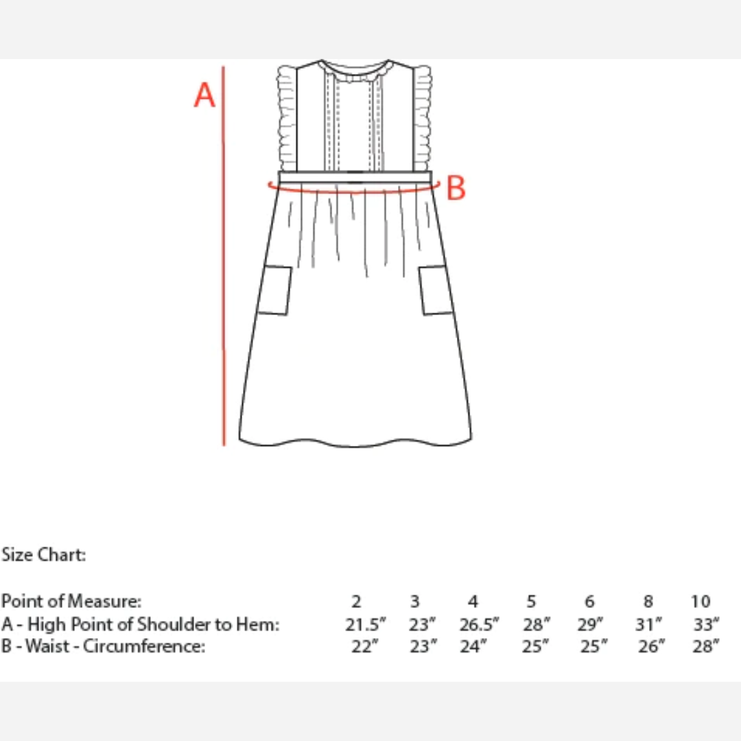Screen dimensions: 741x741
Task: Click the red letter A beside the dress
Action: point(204,95)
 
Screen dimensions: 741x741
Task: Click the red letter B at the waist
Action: point(456,188)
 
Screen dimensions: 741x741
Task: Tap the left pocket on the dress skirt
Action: point(274,290)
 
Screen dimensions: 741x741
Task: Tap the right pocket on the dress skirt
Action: point(436,290)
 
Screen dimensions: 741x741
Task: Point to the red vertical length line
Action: point(224,256)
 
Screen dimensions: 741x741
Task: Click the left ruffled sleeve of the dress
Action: point(287,118)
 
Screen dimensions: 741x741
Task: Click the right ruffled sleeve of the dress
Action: point(423,118)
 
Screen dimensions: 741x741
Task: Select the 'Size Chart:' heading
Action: point(43,555)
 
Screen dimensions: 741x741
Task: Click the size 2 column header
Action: point(357,602)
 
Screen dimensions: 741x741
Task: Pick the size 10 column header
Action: point(701,602)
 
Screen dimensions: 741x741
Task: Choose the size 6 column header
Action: point(589,602)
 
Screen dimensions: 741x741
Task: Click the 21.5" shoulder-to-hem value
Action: point(365,624)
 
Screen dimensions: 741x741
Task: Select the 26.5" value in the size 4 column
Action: point(479,624)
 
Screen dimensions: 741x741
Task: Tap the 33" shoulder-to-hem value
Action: point(706,624)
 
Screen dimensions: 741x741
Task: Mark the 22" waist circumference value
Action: point(365,646)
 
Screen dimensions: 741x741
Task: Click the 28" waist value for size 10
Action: point(706,646)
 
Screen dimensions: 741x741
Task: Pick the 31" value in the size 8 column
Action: point(648,624)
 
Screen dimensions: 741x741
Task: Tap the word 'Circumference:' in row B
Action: point(144,646)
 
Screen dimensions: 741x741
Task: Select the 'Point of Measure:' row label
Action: point(71,601)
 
